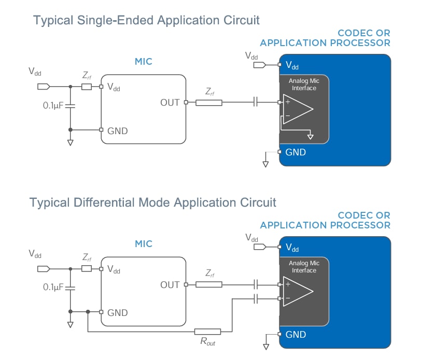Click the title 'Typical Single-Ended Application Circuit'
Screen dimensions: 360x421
coord(146,21)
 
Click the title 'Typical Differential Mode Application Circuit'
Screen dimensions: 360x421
coord(153,202)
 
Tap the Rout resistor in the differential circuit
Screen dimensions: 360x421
coord(207,332)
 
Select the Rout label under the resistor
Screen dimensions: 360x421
coord(207,343)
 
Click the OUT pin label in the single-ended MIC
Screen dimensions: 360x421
coord(170,103)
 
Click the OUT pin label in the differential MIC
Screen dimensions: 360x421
coord(170,284)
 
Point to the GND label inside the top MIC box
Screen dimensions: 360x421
coord(118,131)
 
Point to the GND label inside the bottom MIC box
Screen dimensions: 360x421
coord(118,313)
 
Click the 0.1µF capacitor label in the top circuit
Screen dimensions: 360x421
coord(53,106)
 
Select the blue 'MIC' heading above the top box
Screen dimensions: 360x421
coord(144,62)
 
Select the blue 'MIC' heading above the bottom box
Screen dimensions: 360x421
coord(144,243)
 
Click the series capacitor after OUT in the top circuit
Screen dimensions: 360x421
coord(255,103)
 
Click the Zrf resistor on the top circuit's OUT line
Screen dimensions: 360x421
coord(208,103)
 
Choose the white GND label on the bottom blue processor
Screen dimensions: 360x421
coord(296,335)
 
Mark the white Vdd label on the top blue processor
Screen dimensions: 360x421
coord(293,66)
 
